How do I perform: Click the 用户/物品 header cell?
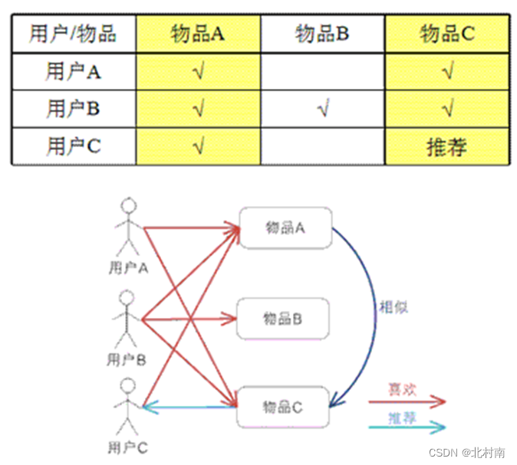click(74, 34)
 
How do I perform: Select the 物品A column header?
click(199, 34)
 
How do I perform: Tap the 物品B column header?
click(323, 34)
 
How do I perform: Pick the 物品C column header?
click(447, 34)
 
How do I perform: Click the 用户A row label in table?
click(74, 72)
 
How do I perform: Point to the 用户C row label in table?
click(74, 146)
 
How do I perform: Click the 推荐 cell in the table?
click(447, 146)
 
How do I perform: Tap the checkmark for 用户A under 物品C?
click(447, 72)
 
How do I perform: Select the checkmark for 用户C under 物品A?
click(199, 146)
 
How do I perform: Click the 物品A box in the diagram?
click(285, 227)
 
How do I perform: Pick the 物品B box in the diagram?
click(282, 318)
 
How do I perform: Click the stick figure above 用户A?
click(128, 227)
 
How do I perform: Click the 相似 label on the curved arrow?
click(394, 307)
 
